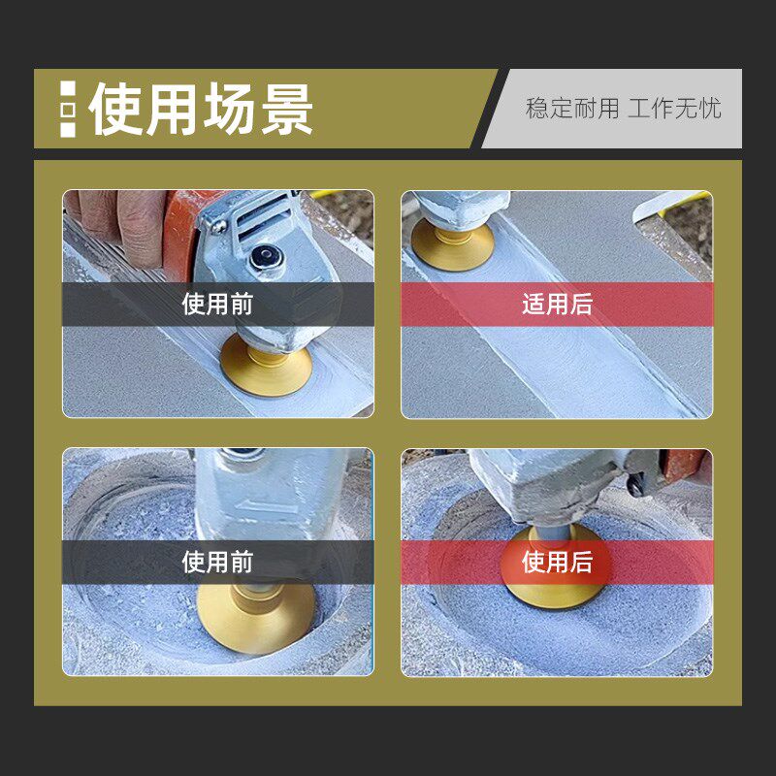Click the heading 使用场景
click(201, 109)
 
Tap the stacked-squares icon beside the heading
click(67, 109)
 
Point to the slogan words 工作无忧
click(674, 108)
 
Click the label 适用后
click(557, 305)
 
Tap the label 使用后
click(557, 563)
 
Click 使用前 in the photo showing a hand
click(217, 305)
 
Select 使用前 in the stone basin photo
click(217, 563)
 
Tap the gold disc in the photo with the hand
click(265, 367)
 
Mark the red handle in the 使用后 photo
click(684, 469)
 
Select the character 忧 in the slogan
click(710, 108)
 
